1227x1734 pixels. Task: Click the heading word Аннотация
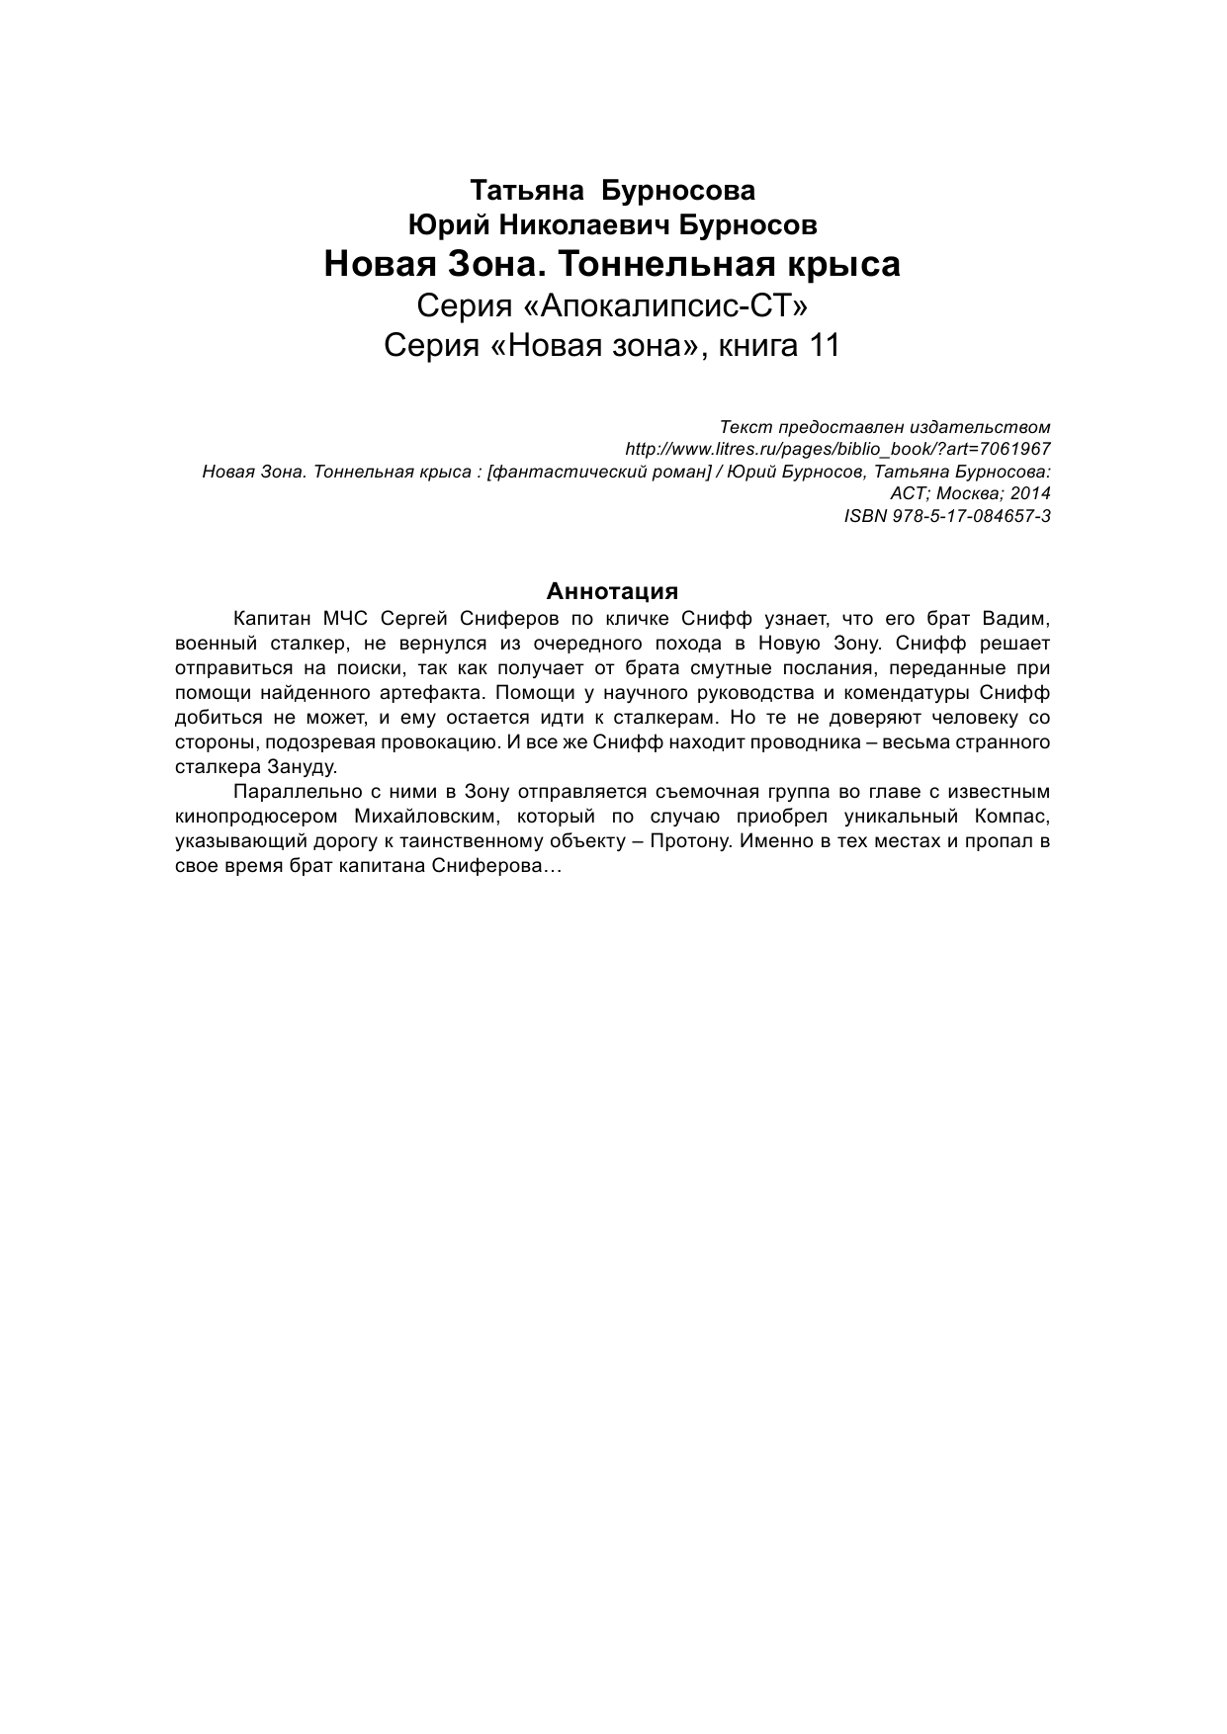pyautogui.click(x=612, y=591)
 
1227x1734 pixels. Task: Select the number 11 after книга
pyautogui.click(x=822, y=346)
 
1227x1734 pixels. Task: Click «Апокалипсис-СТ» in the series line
pyautogui.click(x=661, y=306)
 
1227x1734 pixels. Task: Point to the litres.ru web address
pyautogui.click(x=838, y=449)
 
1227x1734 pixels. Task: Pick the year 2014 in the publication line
pyautogui.click(x=1030, y=493)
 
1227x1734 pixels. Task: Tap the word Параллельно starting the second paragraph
pyautogui.click(x=289, y=792)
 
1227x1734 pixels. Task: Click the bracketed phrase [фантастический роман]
pyautogui.click(x=600, y=472)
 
